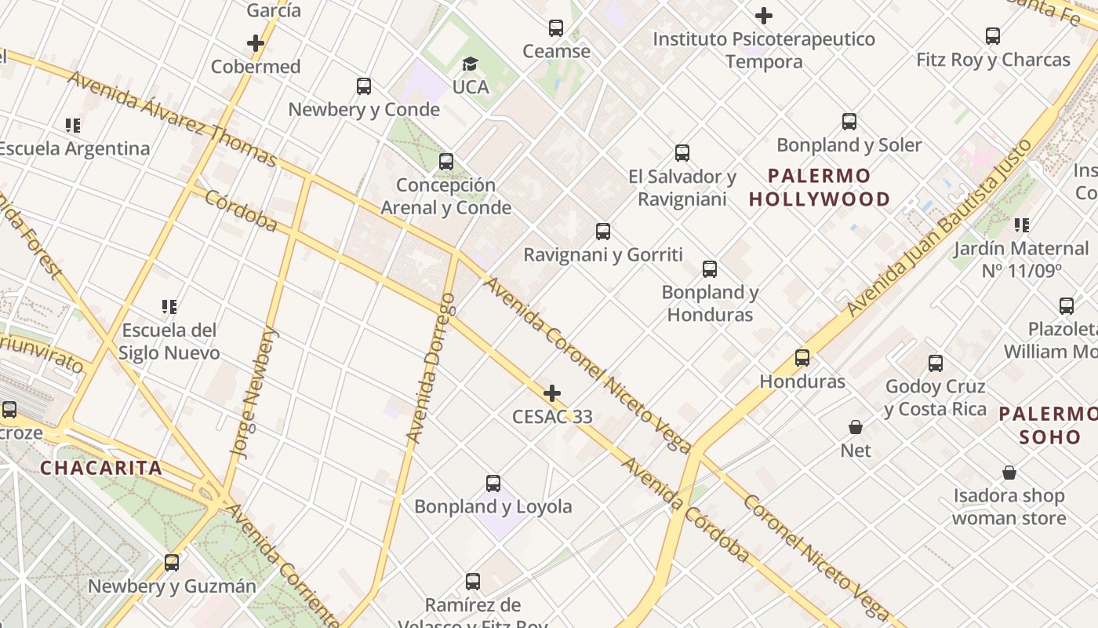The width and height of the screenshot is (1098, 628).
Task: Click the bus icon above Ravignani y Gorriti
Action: click(602, 232)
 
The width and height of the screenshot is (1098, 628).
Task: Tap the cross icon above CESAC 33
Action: click(552, 393)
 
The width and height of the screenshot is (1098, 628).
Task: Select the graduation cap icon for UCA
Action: click(470, 64)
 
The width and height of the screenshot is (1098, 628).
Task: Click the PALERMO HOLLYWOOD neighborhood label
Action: click(820, 188)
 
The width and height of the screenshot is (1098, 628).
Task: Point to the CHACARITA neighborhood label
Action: click(101, 469)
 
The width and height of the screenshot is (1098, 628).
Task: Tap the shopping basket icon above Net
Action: click(856, 427)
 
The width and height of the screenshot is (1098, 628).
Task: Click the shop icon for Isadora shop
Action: click(1009, 473)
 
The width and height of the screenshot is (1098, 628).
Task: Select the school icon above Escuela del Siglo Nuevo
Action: click(169, 306)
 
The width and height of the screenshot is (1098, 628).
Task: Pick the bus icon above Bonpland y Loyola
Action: click(493, 484)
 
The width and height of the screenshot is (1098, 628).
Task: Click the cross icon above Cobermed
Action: click(256, 43)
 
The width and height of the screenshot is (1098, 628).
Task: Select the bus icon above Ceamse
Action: click(556, 28)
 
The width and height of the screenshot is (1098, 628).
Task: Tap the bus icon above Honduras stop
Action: click(802, 358)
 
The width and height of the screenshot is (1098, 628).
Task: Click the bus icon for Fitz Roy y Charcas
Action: click(992, 36)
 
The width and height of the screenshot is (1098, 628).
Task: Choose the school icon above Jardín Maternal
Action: click(1021, 225)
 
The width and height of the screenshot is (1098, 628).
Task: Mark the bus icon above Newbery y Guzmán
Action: click(172, 563)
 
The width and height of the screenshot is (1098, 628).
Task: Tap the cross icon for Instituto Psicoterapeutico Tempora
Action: click(763, 16)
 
